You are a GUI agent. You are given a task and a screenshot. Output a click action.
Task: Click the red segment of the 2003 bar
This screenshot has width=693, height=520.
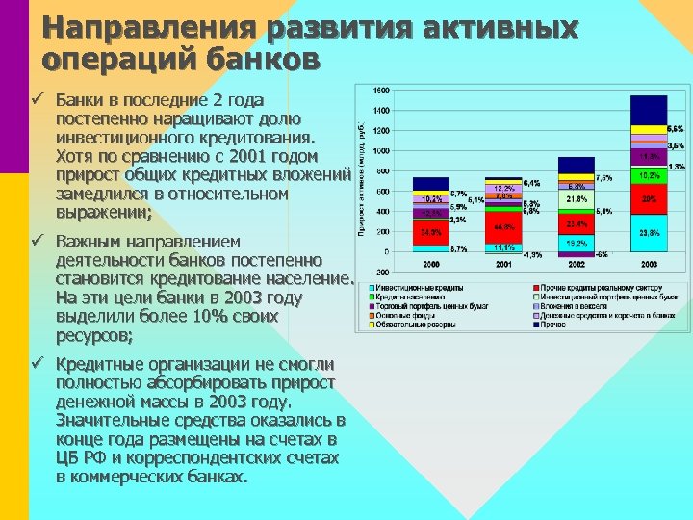click(x=649, y=199)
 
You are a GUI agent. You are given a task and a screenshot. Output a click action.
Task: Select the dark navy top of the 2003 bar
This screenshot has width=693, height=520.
click(x=649, y=109)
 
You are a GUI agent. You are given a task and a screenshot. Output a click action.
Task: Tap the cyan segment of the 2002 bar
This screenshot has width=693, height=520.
click(x=576, y=244)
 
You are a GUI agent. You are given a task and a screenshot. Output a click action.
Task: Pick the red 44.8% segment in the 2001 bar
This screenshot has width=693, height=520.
click(x=502, y=227)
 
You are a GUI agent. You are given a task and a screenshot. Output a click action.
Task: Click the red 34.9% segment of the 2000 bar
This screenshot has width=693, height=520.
click(x=430, y=232)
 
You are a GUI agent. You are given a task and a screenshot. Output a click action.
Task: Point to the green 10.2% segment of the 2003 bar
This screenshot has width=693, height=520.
click(x=649, y=176)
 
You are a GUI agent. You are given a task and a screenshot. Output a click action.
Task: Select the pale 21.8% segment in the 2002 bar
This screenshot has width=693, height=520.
click(x=576, y=198)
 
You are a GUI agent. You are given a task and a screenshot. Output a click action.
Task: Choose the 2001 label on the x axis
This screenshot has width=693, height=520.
click(x=502, y=263)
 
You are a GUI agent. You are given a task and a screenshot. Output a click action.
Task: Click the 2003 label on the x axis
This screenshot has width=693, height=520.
click(x=649, y=263)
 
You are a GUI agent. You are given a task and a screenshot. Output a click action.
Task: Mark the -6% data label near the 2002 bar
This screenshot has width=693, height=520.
click(x=600, y=254)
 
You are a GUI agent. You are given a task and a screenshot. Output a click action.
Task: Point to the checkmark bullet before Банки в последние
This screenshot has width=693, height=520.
click(x=37, y=99)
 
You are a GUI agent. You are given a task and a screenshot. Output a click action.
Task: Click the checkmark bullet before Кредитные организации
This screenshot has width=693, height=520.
click(x=37, y=363)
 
